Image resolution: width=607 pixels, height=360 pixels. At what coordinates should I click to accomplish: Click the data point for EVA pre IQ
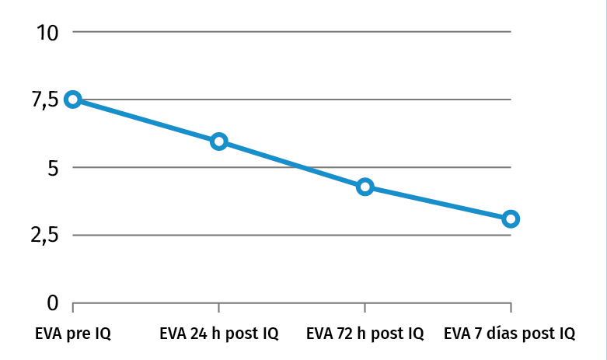click(x=73, y=99)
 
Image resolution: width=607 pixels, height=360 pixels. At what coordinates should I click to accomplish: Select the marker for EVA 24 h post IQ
click(x=218, y=141)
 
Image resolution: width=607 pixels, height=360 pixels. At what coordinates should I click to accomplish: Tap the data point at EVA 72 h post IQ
click(x=365, y=187)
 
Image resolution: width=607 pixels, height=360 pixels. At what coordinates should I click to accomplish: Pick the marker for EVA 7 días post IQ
click(x=511, y=218)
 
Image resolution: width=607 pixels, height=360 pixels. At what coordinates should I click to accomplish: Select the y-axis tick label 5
click(x=51, y=167)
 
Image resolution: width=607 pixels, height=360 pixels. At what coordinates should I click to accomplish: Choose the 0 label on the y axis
click(x=52, y=302)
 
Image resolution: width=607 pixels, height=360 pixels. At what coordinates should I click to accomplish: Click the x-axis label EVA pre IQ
click(x=73, y=334)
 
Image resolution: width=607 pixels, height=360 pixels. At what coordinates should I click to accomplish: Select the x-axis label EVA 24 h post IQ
click(x=218, y=334)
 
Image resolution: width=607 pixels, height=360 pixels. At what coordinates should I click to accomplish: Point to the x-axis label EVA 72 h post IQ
click(x=365, y=334)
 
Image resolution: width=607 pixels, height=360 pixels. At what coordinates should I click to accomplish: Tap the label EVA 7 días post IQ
click(x=510, y=334)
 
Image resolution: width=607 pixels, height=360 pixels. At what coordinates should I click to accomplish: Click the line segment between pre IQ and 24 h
click(x=146, y=120)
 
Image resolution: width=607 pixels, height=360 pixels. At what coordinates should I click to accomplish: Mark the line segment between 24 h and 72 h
click(x=291, y=164)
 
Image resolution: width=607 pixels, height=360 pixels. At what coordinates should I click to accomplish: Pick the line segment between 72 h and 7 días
click(x=438, y=203)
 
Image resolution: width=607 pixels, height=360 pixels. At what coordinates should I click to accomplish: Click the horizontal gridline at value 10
click(x=291, y=32)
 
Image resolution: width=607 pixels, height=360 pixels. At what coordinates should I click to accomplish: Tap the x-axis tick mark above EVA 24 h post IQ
click(x=218, y=308)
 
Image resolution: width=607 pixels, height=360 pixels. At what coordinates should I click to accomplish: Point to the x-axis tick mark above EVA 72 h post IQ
click(x=365, y=308)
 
